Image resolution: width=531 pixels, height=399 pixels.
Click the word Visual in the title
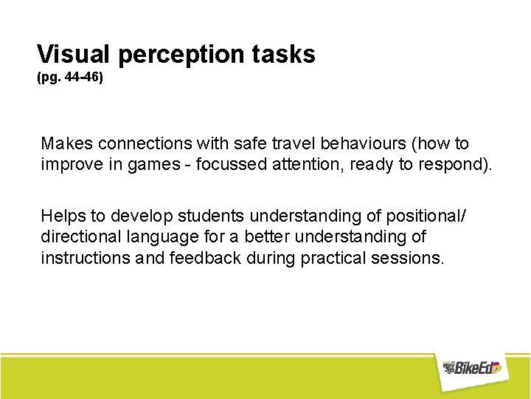74,54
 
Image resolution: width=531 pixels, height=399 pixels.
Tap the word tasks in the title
286,54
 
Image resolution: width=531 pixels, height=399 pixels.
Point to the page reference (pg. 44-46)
70,76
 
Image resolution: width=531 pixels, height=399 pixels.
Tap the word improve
71,163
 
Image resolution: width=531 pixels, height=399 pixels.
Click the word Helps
64,216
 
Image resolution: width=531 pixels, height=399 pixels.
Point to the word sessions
409,258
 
